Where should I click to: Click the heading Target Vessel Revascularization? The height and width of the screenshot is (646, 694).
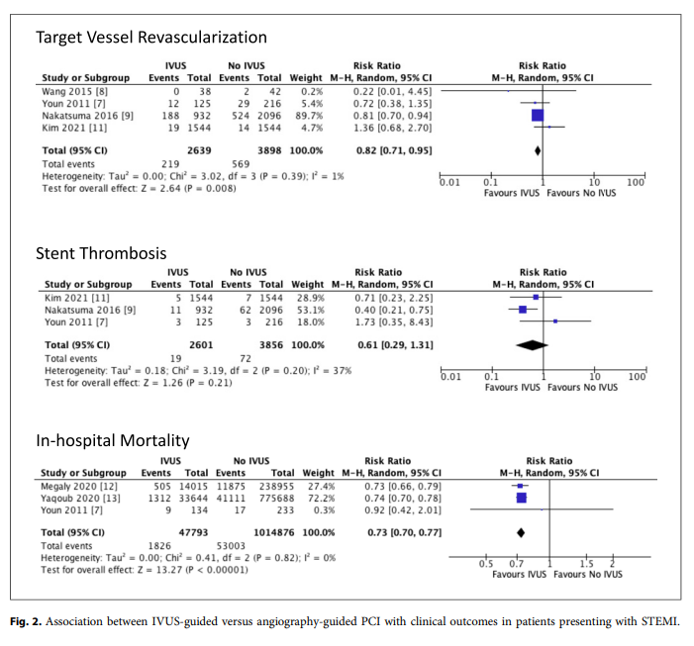point(150,38)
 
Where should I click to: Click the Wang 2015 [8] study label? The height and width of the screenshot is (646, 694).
point(72,90)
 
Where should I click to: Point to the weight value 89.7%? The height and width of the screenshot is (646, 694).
point(310,114)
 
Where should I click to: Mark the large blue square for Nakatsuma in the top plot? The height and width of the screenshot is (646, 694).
point(538,115)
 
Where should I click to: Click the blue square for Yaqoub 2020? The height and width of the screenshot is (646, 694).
point(521,498)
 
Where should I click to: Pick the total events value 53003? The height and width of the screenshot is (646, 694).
point(236,544)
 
